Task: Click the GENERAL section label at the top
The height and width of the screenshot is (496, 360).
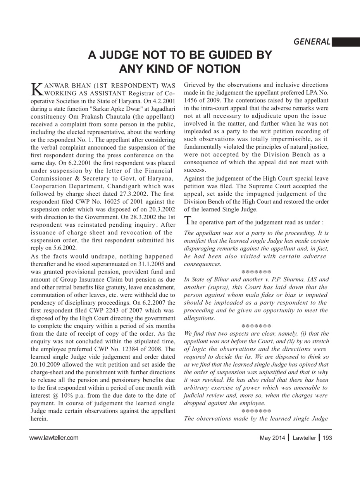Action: click(x=312, y=42)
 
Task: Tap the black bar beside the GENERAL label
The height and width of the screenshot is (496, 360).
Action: click(x=346, y=42)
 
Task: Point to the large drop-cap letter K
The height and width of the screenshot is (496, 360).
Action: click(x=36, y=89)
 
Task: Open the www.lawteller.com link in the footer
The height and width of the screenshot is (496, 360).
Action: click(x=54, y=438)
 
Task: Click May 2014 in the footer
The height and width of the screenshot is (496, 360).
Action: click(x=272, y=438)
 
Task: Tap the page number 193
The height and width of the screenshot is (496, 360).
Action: click(x=327, y=438)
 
